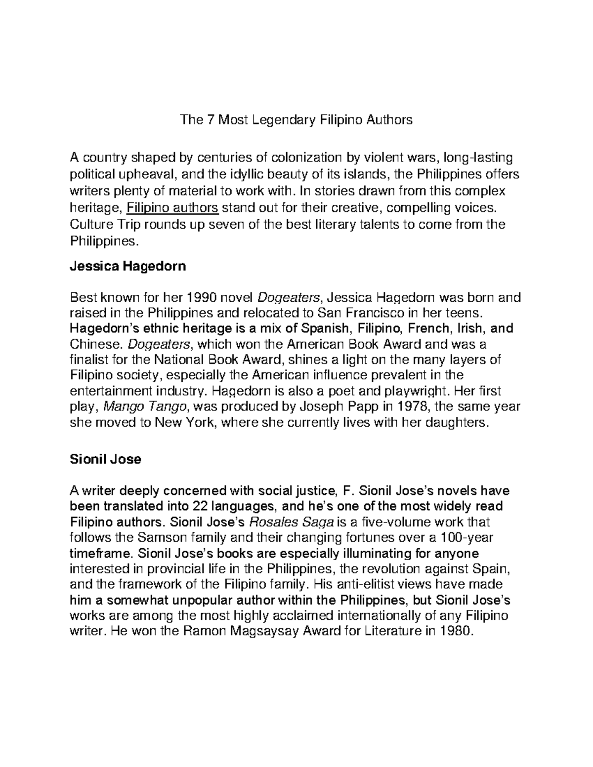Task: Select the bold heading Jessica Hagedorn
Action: point(128,267)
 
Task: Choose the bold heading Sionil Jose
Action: point(106,459)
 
